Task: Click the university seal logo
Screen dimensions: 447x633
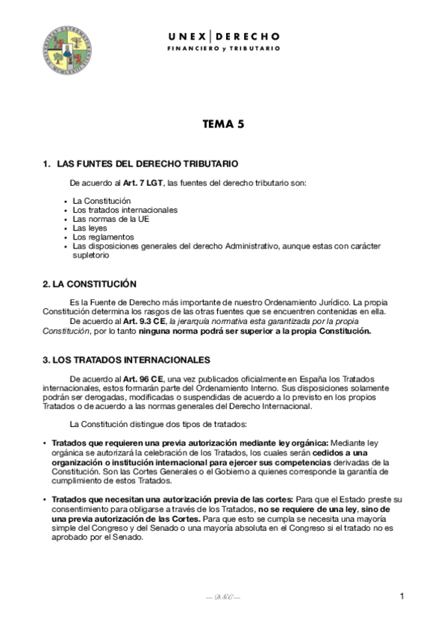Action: [x=66, y=51]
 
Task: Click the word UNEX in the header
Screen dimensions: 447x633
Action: [x=187, y=36]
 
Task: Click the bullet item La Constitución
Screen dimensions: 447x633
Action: [x=101, y=201]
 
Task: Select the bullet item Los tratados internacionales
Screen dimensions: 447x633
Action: [x=125, y=210]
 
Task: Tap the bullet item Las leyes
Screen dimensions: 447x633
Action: [x=91, y=228]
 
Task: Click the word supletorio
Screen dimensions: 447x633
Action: [x=91, y=255]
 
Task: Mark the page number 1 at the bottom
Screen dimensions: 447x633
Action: [x=401, y=596]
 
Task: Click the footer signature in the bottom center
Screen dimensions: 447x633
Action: [x=223, y=597]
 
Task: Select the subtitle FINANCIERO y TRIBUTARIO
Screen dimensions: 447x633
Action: [x=223, y=48]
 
